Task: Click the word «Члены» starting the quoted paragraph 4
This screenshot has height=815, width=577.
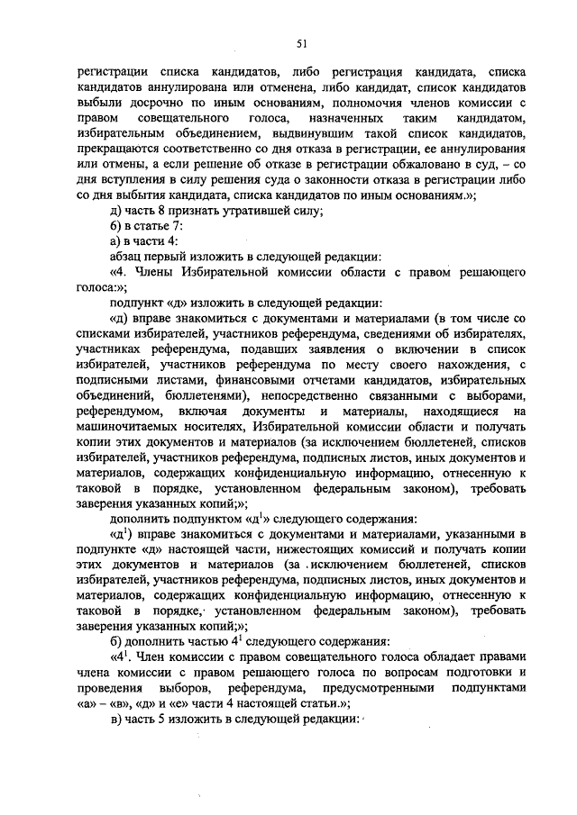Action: point(155,272)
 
